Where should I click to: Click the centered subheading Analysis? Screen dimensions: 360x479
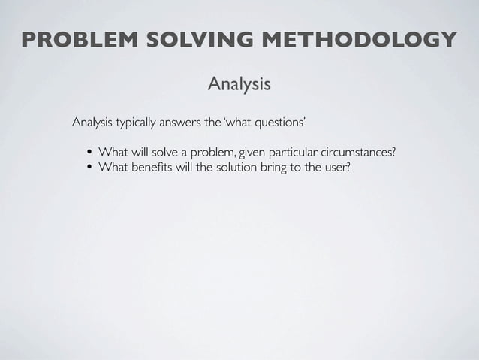pyautogui.click(x=239, y=84)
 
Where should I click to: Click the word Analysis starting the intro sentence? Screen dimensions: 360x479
pyautogui.click(x=92, y=123)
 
